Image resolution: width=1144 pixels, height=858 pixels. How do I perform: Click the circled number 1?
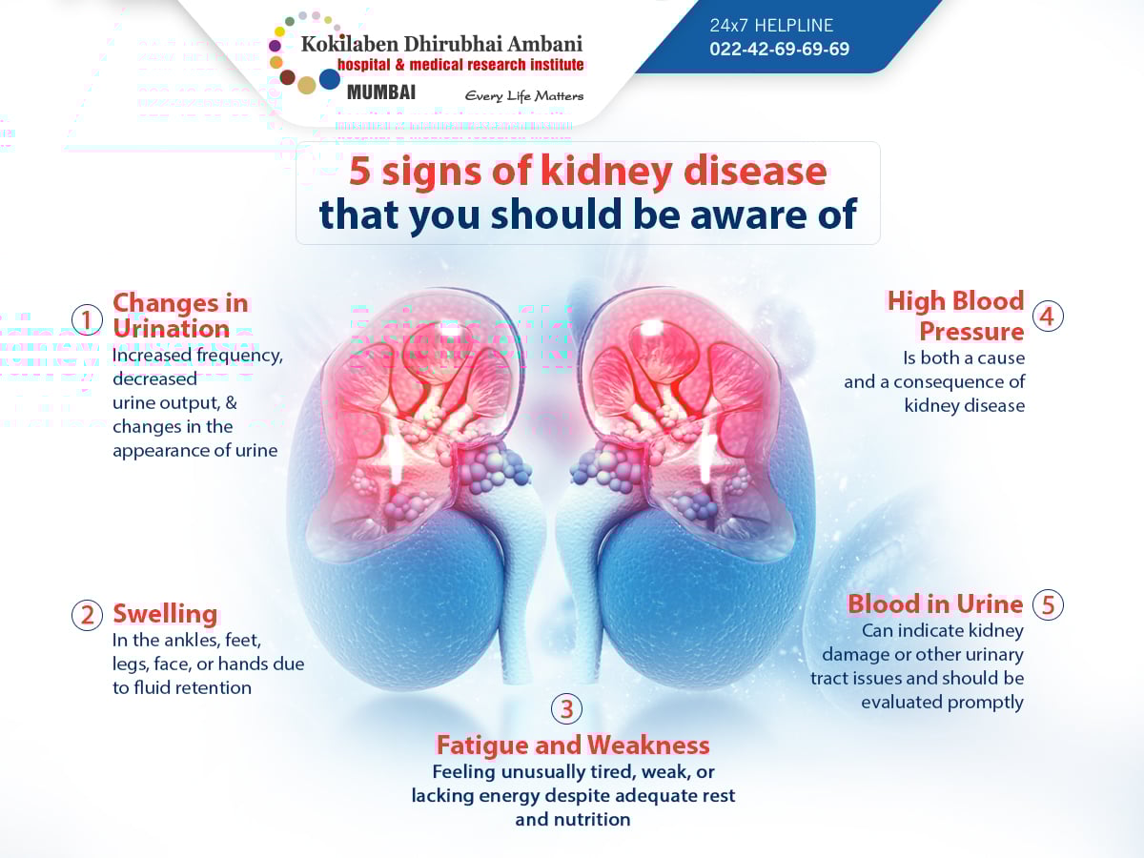[87, 319]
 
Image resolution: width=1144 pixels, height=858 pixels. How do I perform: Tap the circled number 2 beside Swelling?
[87, 615]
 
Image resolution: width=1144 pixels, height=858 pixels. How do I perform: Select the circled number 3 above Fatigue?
[566, 708]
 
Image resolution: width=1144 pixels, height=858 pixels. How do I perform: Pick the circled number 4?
[1048, 317]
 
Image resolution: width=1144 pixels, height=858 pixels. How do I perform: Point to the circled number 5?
[1048, 604]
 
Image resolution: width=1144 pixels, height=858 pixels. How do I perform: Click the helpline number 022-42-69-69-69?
[779, 49]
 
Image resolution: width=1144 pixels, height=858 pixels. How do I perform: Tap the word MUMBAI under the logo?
[381, 92]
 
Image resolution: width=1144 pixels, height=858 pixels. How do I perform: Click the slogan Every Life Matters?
[523, 96]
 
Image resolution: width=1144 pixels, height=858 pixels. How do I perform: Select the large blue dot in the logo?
[330, 80]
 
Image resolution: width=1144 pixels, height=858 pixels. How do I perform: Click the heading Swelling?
[165, 614]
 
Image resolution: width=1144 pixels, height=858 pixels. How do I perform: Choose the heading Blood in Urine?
[935, 603]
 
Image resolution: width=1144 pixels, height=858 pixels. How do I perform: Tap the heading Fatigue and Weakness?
[573, 745]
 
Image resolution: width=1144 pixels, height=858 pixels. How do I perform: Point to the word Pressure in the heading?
[971, 331]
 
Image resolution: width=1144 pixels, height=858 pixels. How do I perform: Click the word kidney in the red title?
[606, 172]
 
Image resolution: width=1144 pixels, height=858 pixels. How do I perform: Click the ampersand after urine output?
[232, 402]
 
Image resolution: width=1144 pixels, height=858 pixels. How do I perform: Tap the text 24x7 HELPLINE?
[771, 25]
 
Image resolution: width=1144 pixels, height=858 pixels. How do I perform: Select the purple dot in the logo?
[275, 46]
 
